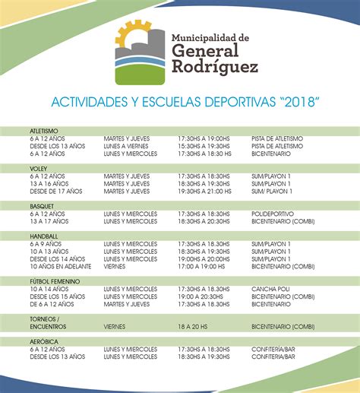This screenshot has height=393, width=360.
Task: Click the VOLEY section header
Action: click(38, 168)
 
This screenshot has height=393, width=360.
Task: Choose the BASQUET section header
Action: click(42, 205)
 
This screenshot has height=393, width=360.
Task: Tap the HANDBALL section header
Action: click(43, 236)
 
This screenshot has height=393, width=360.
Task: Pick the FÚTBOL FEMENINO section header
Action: click(55, 280)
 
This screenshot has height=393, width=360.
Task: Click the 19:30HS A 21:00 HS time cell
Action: click(204, 191)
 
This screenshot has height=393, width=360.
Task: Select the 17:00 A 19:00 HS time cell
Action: click(202, 267)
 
